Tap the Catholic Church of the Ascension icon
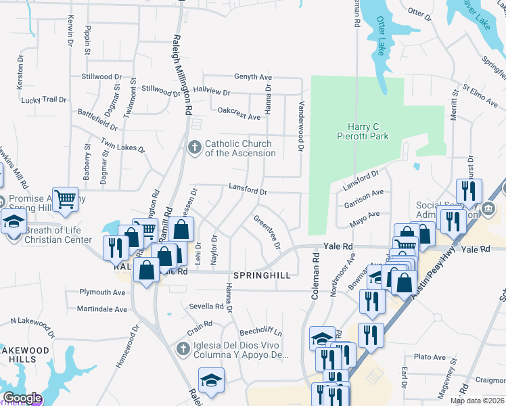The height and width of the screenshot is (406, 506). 195,148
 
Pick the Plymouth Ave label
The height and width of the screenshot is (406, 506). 102,292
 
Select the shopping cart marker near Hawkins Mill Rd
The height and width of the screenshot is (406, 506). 66,199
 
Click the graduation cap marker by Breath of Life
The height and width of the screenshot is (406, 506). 14,222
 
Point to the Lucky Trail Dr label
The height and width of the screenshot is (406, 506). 44,99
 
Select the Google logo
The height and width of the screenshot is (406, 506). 22,398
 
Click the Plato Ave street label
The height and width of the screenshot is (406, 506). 430,357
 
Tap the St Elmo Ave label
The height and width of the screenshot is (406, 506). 480,95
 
